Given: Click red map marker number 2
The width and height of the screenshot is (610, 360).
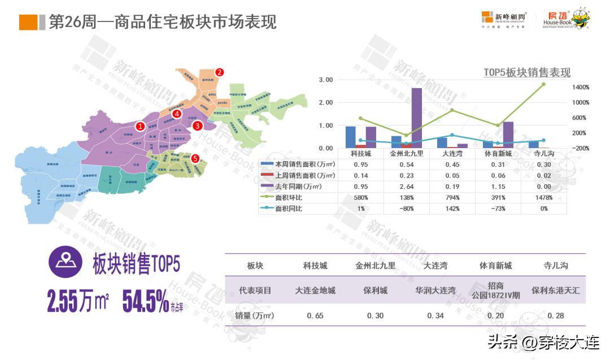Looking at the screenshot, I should coord(220,72).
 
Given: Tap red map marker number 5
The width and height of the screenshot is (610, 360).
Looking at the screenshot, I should coord(195,159).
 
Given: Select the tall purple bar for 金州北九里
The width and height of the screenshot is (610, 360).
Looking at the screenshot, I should coord(416,118).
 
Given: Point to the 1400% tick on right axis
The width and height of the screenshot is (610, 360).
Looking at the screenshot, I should coord(580,88).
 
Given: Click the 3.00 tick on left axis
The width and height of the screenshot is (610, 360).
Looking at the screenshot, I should coord(326,80).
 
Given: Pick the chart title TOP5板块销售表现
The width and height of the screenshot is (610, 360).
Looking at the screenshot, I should coord(527,72).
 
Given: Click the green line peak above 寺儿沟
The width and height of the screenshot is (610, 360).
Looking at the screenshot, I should coord(543,84).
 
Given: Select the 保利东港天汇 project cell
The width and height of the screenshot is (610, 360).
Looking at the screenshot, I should coord(556,290).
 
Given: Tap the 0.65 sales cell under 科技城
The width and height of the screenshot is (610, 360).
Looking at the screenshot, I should coord(315,315).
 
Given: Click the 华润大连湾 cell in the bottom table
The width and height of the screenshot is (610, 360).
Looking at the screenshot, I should coord(435,290).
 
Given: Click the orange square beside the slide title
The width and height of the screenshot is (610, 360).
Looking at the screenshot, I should coord(29,22).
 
